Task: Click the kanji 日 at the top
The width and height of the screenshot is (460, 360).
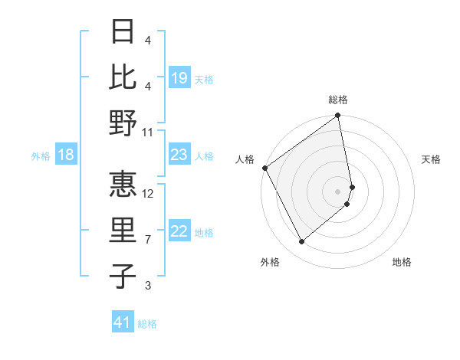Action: (123, 32)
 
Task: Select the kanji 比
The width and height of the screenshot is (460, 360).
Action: (123, 77)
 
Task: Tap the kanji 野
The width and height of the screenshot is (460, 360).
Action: (123, 123)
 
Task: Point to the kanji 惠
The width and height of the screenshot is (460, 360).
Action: (123, 185)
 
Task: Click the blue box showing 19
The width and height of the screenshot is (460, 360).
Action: (179, 77)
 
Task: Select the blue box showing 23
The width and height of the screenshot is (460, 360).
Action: (179, 155)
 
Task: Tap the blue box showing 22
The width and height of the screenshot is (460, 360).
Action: (179, 231)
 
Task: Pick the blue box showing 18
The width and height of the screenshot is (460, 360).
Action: (66, 155)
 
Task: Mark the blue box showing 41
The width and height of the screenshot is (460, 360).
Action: (123, 322)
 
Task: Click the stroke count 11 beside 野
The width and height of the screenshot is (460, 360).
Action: (149, 133)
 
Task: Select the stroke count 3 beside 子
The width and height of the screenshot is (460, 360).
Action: (148, 286)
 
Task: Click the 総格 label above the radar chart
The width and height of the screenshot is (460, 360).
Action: (338, 100)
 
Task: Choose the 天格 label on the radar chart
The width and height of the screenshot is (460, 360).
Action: (431, 159)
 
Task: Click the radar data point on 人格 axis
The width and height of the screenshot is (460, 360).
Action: (264, 168)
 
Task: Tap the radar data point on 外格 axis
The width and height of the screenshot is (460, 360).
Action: (301, 242)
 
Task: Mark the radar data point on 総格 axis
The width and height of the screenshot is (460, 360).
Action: (338, 116)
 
